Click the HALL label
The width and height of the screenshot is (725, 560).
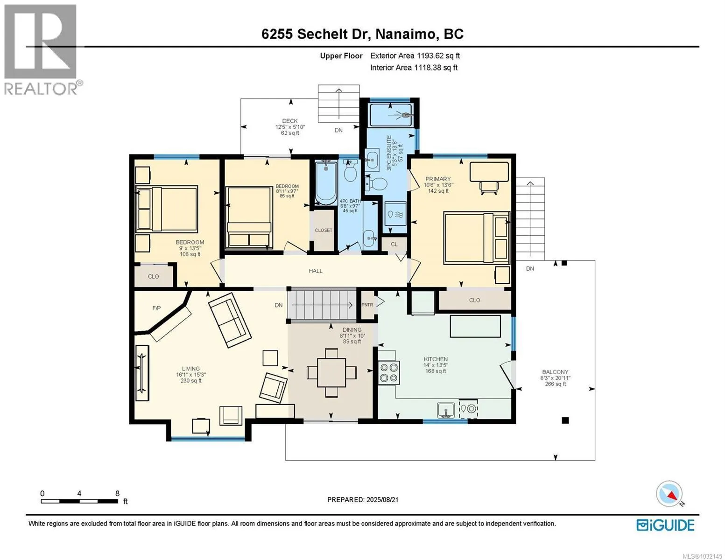315,271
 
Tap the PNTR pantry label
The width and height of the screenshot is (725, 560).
367,305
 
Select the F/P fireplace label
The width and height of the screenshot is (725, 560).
156,308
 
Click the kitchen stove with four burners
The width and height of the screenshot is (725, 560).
389,372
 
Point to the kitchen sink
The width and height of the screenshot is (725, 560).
446,410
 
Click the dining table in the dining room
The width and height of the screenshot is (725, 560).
331,372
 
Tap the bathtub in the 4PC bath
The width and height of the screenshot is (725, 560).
326,183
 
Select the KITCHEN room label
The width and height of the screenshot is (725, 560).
436,359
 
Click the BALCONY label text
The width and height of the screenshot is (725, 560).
555,371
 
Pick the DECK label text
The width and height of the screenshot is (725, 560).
289,121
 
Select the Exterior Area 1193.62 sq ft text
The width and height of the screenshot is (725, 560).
415,56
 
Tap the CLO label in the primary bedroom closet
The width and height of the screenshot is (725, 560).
474,300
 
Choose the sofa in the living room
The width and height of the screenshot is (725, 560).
230,320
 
